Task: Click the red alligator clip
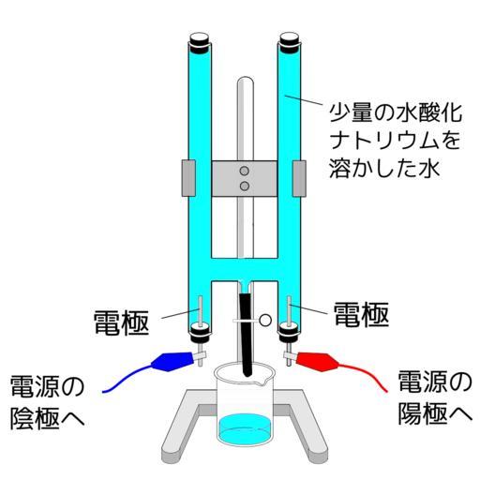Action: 317,361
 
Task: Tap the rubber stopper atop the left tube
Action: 200,42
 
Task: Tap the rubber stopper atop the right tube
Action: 290,42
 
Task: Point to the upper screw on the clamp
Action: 244,171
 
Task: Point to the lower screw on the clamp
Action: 244,187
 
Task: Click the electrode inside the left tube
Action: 200,311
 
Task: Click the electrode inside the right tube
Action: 290,311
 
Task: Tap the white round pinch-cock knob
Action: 265,320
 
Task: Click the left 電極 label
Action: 122,322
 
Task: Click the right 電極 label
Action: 361,314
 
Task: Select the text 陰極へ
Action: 48,417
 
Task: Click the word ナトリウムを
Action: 396,141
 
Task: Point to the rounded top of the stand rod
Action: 246,80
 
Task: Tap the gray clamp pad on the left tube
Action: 188,178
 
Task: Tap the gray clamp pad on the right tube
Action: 299,178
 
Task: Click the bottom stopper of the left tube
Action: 200,331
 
